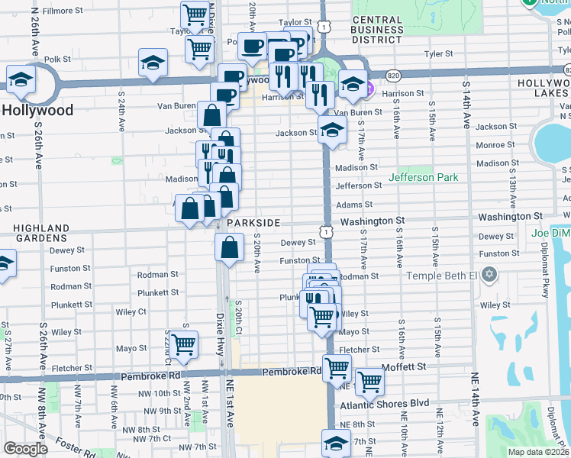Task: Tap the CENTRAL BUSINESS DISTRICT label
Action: pos(378,30)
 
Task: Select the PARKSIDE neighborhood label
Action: pos(253,222)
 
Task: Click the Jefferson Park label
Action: pos(424,177)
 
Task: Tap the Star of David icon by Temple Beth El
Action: pos(489,274)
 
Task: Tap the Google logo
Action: pos(26,449)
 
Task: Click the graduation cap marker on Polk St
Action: pos(153,62)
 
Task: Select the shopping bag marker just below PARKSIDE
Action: pos(230,247)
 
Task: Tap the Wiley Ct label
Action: pos(131,311)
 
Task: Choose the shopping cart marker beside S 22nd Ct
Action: pos(183,344)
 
